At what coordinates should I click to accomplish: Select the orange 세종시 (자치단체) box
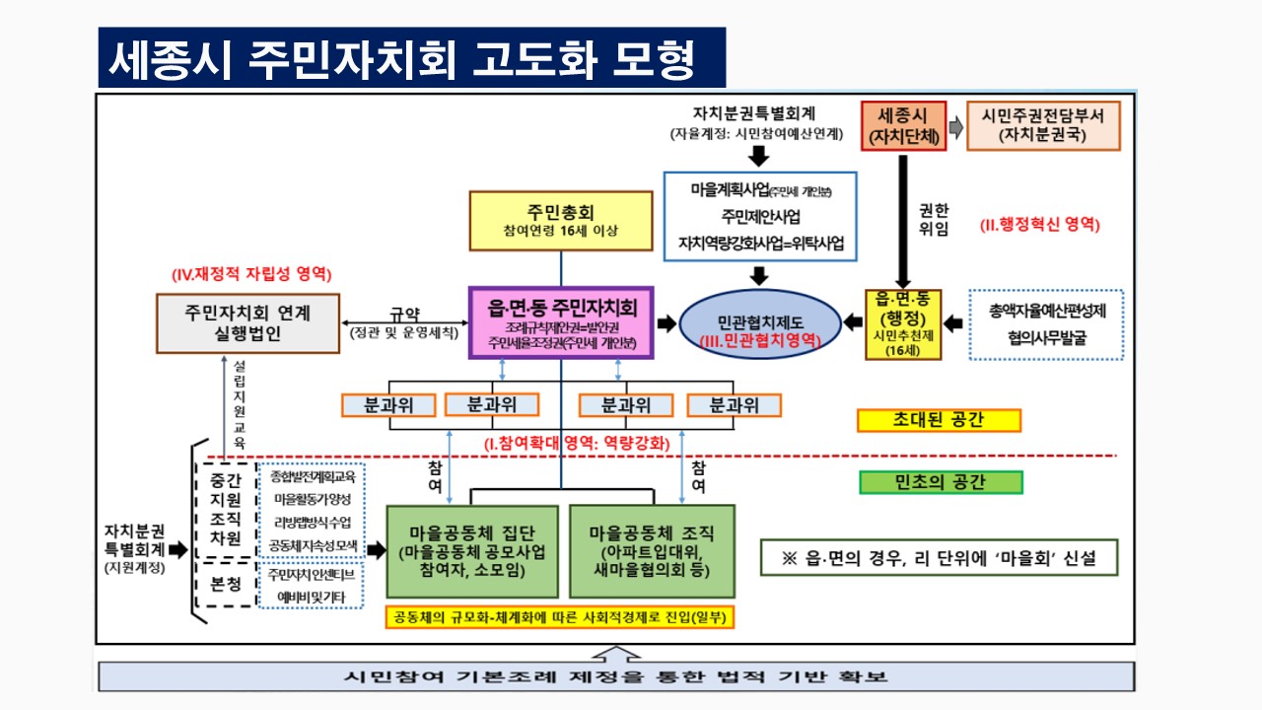tap(903, 125)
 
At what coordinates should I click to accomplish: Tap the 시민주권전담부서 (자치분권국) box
tap(1043, 125)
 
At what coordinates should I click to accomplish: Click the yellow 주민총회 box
tap(560, 221)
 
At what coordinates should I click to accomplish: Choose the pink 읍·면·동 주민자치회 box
tap(560, 321)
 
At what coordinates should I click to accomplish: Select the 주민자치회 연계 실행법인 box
tap(247, 322)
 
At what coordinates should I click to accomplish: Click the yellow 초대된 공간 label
tap(939, 420)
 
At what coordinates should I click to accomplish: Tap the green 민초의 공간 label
tap(941, 482)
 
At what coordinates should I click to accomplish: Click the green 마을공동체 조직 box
tap(653, 551)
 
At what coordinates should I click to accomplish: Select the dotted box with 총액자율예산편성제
tap(1046, 323)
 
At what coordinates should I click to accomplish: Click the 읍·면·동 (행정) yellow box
tap(902, 323)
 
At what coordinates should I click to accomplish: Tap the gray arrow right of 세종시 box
tap(955, 127)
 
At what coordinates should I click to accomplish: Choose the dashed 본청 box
tap(226, 583)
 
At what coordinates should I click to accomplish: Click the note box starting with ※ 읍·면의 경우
tap(940, 557)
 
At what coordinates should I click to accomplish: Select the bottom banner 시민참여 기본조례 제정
tap(615, 677)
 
